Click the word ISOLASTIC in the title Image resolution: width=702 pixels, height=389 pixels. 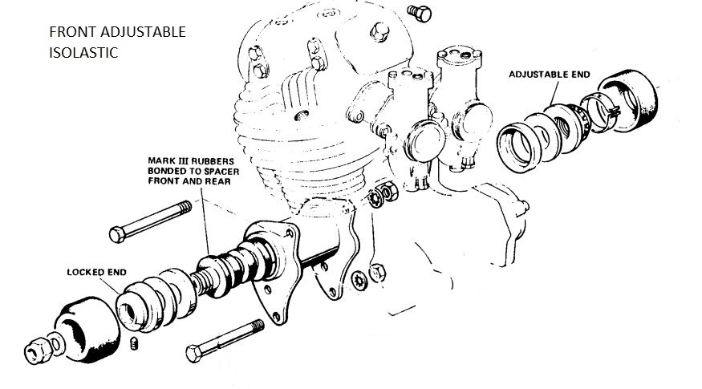click(83, 52)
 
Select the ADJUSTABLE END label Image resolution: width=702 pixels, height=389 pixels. click(550, 75)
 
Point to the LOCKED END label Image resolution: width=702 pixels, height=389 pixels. click(97, 272)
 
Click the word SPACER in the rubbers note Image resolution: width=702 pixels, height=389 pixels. click(222, 172)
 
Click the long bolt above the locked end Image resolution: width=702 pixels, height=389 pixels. click(151, 221)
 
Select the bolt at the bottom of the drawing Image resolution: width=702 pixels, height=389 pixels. click(225, 341)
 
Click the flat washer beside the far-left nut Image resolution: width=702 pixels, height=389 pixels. click(56, 344)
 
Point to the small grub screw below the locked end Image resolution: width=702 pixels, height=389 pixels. click(134, 344)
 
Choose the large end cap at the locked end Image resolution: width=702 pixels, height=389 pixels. click(87, 329)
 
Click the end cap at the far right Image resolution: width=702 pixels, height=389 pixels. click(629, 100)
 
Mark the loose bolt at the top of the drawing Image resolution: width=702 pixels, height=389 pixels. click(420, 13)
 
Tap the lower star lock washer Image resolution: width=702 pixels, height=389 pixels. click(359, 281)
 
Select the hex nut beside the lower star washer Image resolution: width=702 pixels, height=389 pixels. click(377, 272)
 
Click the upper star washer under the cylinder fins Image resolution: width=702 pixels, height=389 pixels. click(375, 198)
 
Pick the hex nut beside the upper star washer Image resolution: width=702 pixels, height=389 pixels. click(390, 191)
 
